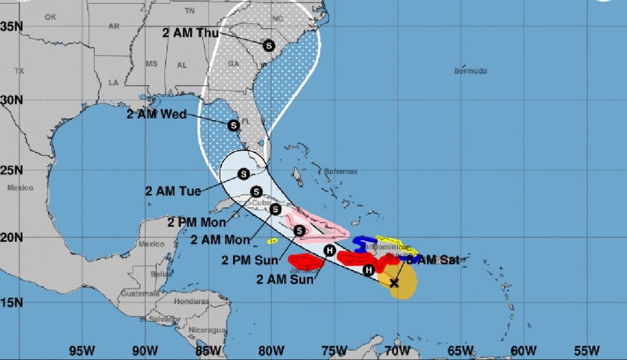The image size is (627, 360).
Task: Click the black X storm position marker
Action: [394, 283]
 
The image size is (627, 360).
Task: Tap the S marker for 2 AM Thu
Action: [268, 45]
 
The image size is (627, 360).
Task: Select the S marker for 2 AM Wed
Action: [234, 125]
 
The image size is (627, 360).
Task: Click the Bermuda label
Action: [471, 71]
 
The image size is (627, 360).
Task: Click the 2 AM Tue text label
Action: [173, 191]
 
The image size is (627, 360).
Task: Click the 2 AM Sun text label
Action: [284, 279]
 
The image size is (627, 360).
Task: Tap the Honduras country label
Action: [191, 301]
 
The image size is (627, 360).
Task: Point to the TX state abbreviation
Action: [19, 71]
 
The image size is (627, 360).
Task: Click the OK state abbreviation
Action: [50, 18]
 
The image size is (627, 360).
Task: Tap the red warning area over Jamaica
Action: [306, 261]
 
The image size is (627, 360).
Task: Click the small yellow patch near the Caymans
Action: [272, 241]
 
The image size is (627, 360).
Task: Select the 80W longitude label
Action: [271, 350]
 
